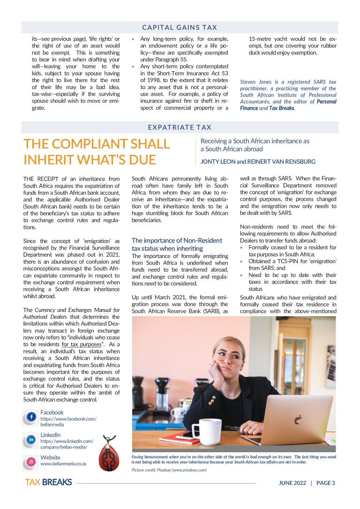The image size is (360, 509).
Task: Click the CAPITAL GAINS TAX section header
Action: point(180,28)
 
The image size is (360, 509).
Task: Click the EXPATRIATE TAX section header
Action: point(180,127)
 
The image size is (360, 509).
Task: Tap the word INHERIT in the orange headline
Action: point(52,160)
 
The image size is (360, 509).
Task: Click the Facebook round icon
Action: point(31,417)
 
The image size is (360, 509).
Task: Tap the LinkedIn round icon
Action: point(31,440)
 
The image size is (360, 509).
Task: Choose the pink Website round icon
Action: point(31,462)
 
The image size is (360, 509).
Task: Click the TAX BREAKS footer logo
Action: point(48,482)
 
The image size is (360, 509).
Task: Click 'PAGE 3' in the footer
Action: point(326,483)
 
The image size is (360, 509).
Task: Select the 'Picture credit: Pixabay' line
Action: point(169,470)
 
